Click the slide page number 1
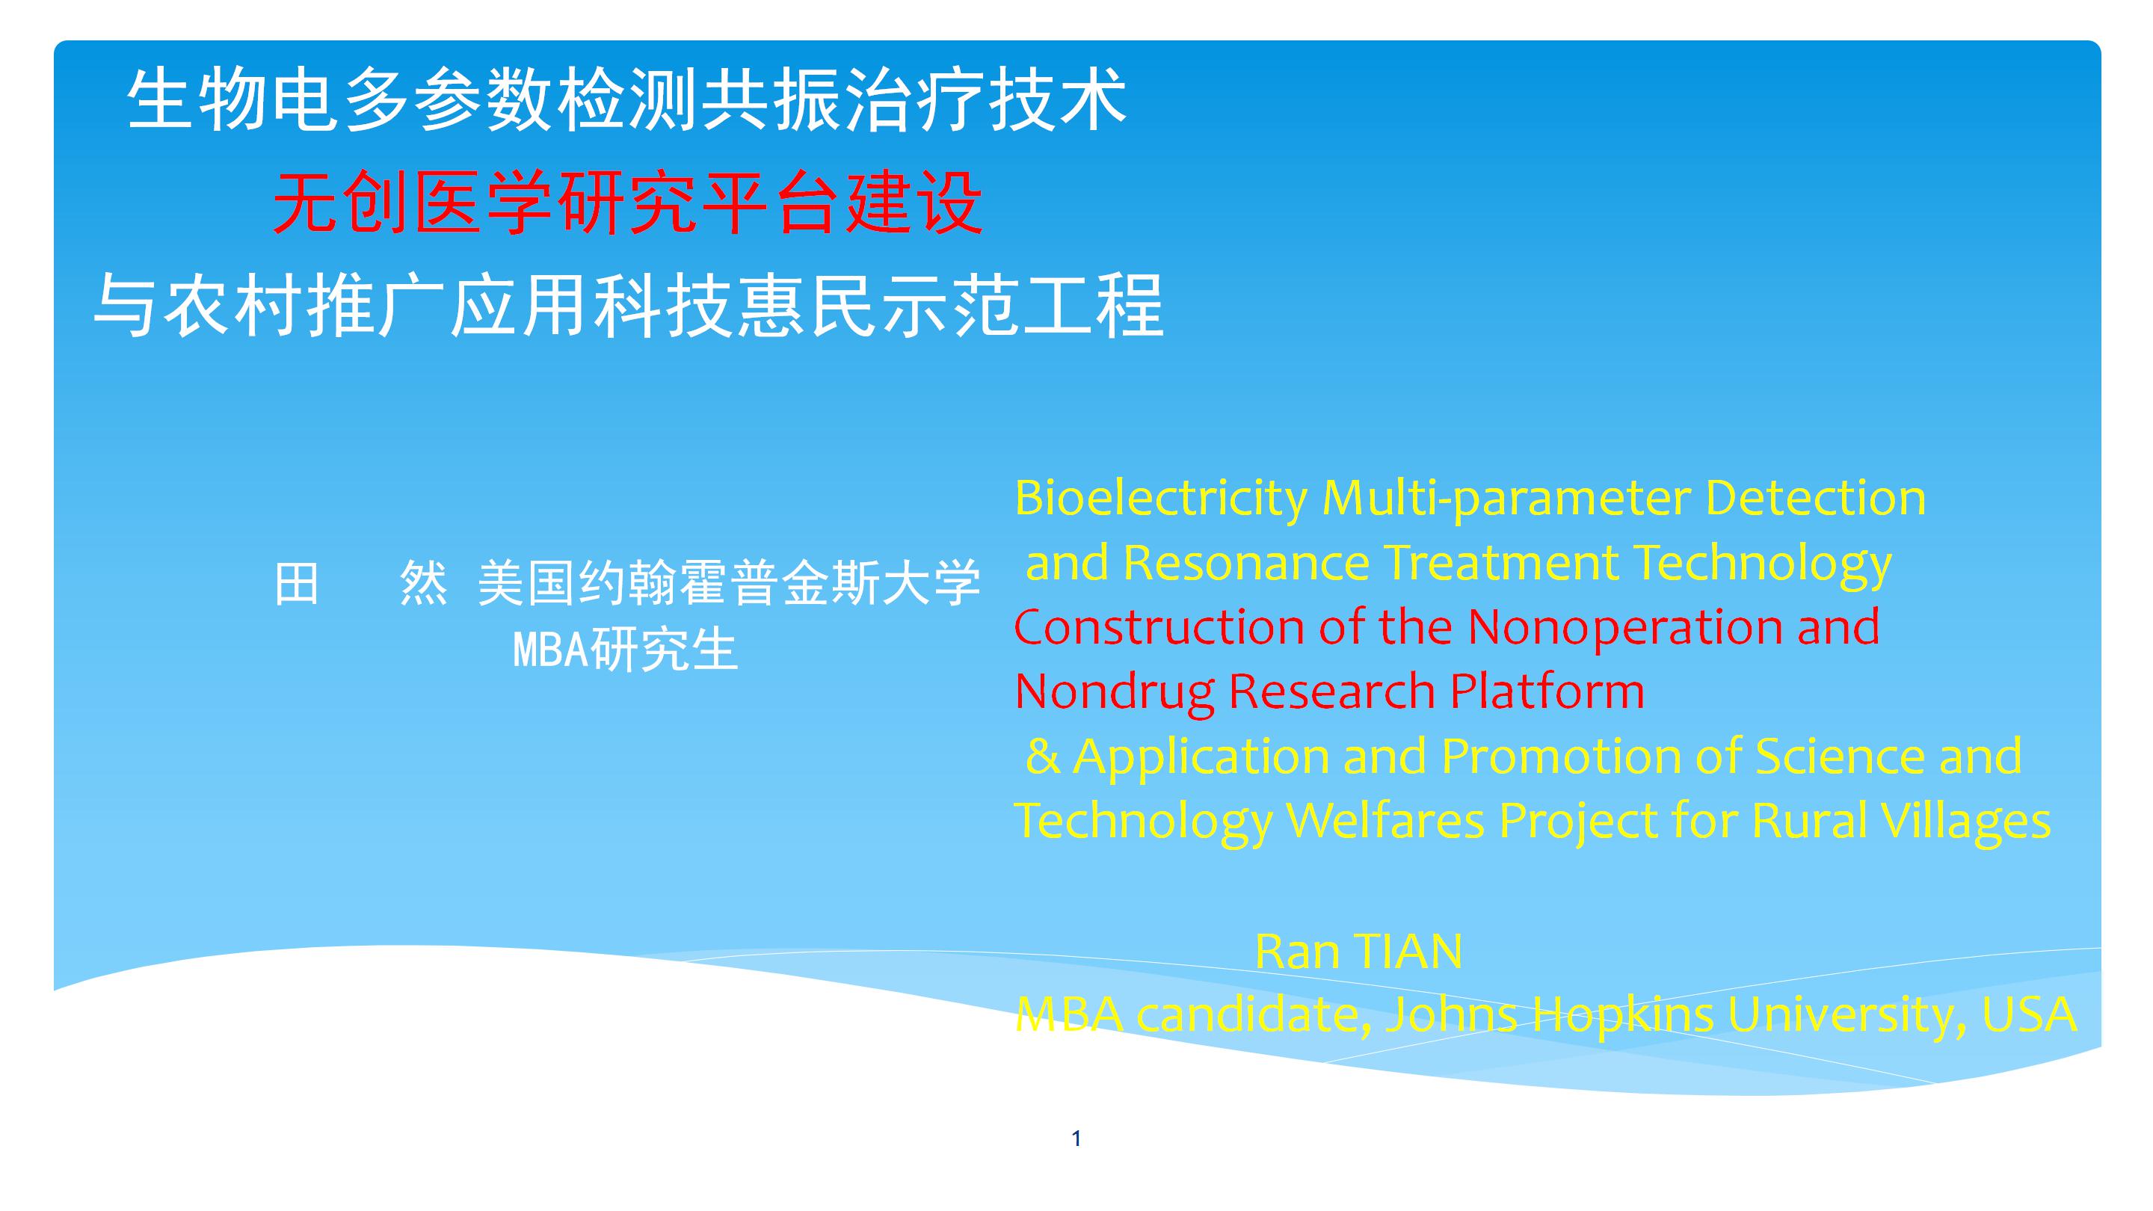click(x=1076, y=1138)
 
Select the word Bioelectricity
click(x=1161, y=498)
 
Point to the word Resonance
click(x=1246, y=561)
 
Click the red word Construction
click(x=1159, y=627)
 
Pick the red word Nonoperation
click(x=1626, y=627)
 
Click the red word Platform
click(x=1547, y=691)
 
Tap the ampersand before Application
click(x=1042, y=756)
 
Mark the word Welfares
click(x=1385, y=821)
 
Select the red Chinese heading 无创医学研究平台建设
click(x=628, y=204)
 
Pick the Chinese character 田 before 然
click(x=297, y=582)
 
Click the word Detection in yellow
click(x=1815, y=498)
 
